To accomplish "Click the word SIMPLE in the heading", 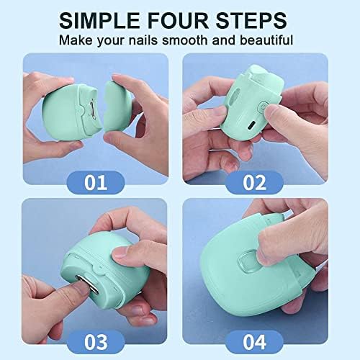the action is [99, 21].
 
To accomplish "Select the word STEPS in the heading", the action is [251, 21].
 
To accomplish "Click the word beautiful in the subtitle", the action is [266, 40].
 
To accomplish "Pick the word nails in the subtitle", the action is [143, 40].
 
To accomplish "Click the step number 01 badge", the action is [96, 182].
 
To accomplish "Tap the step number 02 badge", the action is [254, 182].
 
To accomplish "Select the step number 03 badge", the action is [96, 341].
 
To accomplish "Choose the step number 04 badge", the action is [254, 341].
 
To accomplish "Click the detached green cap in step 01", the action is [117, 107].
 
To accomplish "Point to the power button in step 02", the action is [263, 106].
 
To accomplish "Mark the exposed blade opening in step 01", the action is [92, 109].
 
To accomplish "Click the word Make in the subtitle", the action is [76, 40].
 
